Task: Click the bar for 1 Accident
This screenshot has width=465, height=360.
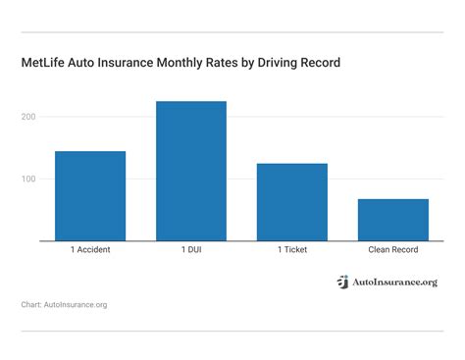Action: [90, 196]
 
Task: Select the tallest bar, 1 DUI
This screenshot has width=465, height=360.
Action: [191, 171]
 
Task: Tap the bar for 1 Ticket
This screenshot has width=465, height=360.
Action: [291, 202]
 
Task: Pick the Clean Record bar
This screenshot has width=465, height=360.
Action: [392, 220]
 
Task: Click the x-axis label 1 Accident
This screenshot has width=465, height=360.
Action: [90, 250]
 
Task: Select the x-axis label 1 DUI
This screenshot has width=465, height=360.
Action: [191, 250]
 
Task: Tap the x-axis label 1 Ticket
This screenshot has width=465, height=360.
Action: [291, 250]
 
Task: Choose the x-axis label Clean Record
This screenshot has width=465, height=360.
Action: [392, 250]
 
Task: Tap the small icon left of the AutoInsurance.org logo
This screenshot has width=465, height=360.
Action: [342, 283]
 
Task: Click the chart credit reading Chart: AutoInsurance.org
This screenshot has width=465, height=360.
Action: [64, 305]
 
